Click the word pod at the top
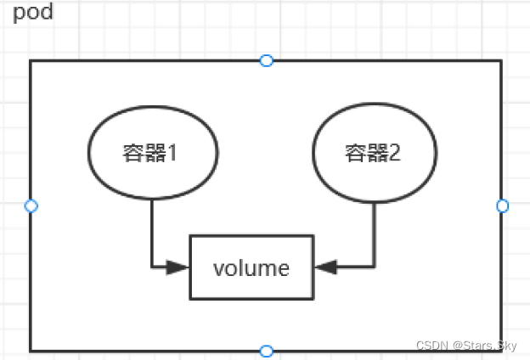(33, 13)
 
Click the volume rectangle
(251, 267)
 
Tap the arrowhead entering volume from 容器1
(178, 267)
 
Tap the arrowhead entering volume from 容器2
(325, 267)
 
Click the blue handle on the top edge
(266, 60)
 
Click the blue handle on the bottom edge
(266, 351)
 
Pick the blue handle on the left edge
(31, 205)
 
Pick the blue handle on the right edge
(502, 205)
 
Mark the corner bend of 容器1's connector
(152, 267)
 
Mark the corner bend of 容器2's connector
(375, 267)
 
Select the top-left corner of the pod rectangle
(31, 61)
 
